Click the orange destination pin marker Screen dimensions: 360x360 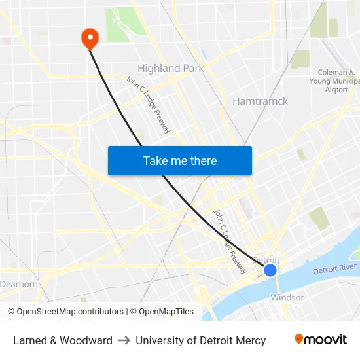(89, 38)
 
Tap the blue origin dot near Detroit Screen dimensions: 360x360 (270, 270)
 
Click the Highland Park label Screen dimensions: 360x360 (170, 68)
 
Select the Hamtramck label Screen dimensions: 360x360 (260, 101)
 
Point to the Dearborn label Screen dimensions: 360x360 (18, 284)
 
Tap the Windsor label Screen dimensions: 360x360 (287, 297)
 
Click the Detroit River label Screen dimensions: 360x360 (334, 269)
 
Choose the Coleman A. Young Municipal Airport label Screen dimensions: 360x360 (336, 81)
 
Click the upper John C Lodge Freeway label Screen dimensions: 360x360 (148, 105)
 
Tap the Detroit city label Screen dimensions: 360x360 (266, 260)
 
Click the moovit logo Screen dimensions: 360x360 (321, 339)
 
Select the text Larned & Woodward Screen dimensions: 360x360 (63, 340)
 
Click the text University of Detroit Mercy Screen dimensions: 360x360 (200, 340)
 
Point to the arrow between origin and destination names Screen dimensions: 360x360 (124, 340)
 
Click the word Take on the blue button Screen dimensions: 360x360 (155, 160)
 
